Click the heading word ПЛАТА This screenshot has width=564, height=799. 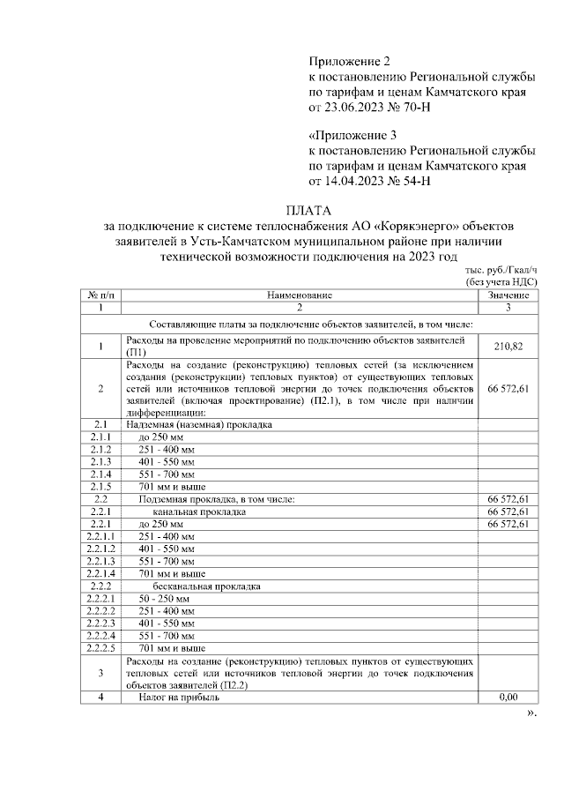tap(308, 211)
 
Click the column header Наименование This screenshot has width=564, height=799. tap(300, 295)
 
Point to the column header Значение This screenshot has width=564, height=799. tap(508, 295)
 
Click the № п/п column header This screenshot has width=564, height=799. tap(100, 295)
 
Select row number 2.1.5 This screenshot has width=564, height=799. tap(100, 486)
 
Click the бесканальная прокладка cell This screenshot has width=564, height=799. tap(204, 586)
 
